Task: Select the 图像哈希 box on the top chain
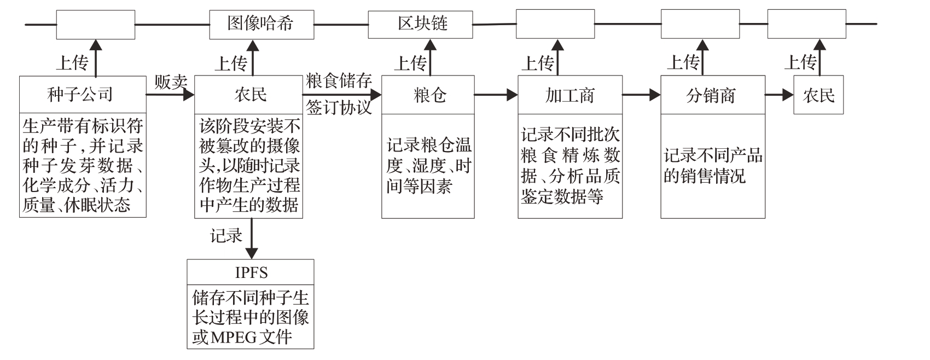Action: pos(261,24)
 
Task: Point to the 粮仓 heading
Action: pos(428,95)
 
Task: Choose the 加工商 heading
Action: pos(569,95)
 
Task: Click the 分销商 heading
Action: pos(712,95)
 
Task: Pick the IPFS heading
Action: pos(251,272)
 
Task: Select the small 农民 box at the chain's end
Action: pos(818,95)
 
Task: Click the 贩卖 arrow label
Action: pos(171,82)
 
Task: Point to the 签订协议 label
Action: pos(339,107)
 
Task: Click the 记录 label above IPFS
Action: pos(226,236)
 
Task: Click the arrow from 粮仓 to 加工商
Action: pos(496,95)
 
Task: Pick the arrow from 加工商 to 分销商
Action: pos(641,95)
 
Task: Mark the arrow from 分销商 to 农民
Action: pos(779,95)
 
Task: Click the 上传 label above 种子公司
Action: pos(72,63)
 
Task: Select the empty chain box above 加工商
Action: pos(555,24)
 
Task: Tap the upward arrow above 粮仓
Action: pos(431,57)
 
